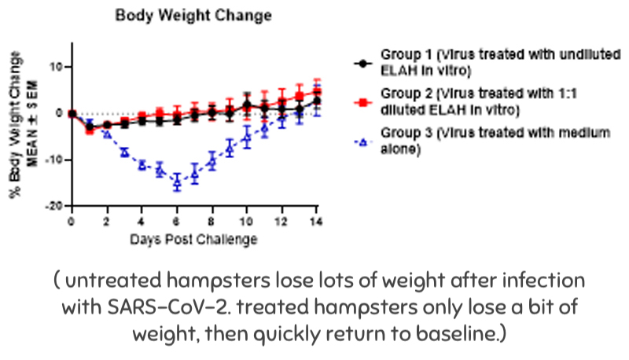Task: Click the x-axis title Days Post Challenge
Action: (193, 238)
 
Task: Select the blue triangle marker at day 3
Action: (124, 152)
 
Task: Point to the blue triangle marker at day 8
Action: (212, 162)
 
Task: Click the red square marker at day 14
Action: (316, 93)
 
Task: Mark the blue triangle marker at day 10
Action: (246, 138)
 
